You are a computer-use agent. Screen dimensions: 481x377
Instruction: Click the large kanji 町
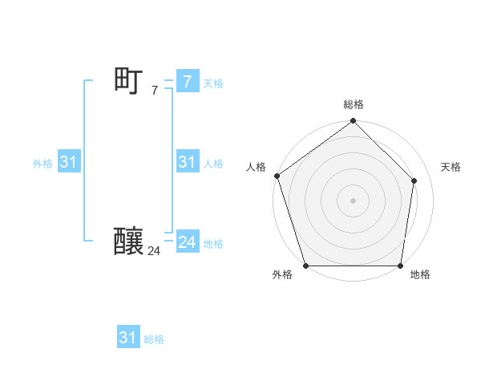click(x=128, y=81)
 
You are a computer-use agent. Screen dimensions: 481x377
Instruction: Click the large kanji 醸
click(x=128, y=241)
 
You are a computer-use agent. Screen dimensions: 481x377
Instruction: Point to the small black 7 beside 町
click(x=154, y=91)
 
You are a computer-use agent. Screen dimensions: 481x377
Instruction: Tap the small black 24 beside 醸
click(x=154, y=251)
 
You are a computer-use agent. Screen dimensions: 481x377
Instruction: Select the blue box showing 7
click(x=187, y=82)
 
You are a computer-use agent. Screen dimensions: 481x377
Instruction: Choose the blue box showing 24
click(x=187, y=242)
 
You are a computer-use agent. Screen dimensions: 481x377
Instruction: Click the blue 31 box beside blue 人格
click(x=187, y=162)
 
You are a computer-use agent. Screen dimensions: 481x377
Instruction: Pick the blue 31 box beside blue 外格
click(x=68, y=162)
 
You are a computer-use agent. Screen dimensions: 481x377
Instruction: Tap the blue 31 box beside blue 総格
click(x=127, y=338)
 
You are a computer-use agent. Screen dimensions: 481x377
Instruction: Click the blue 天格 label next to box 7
click(x=213, y=83)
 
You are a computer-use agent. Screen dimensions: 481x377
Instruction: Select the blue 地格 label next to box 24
click(x=213, y=244)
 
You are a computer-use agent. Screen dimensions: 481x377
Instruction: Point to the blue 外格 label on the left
click(x=42, y=164)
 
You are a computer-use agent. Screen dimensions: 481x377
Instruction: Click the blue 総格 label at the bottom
click(x=154, y=339)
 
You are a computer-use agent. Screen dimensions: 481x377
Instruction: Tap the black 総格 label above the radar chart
click(x=353, y=104)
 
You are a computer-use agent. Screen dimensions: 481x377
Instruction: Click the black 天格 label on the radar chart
click(x=451, y=167)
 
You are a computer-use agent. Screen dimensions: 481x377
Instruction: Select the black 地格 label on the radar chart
click(x=420, y=275)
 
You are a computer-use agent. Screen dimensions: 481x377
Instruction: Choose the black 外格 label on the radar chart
click(x=282, y=275)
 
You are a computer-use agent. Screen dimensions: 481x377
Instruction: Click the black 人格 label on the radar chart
click(x=256, y=167)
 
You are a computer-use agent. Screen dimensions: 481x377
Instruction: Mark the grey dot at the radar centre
click(x=353, y=200)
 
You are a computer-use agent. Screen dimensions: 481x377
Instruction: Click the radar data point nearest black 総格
click(x=353, y=121)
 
